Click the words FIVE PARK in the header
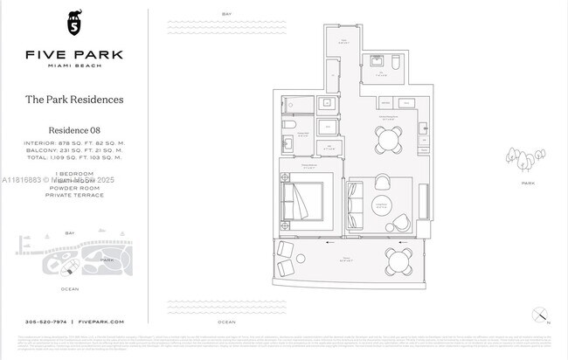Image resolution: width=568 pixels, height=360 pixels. (x=73, y=54)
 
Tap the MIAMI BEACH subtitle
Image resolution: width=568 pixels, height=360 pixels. (x=73, y=67)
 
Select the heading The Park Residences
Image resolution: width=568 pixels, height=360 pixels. (x=73, y=100)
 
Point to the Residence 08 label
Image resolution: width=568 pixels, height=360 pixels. (x=73, y=130)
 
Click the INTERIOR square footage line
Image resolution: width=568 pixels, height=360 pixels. (x=73, y=142)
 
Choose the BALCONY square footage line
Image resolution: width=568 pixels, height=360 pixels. (x=73, y=150)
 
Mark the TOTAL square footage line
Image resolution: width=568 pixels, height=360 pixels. (x=73, y=158)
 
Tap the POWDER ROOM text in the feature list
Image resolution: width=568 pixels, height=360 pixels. (x=73, y=187)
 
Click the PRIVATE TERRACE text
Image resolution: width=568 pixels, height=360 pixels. (x=73, y=195)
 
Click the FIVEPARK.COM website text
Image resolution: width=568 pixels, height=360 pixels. (x=99, y=322)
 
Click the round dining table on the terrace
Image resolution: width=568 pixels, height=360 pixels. (x=399, y=259)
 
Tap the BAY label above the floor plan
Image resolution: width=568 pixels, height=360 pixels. (x=227, y=14)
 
